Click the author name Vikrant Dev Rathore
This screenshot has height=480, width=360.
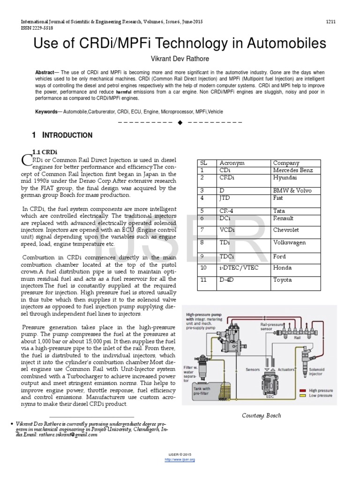coord(180,60)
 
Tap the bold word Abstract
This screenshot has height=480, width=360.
coord(45,73)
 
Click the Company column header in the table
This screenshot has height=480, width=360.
coord(286,163)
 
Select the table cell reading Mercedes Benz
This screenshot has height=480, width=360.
coord(292,170)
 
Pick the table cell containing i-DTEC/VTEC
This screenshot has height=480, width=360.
coord(239,268)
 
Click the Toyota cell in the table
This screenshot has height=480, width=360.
coord(282,280)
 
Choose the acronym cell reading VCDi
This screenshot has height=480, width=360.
coord(229,230)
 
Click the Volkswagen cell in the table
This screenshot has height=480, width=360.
coord(289,242)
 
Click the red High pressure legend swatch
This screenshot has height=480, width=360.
coord(304,390)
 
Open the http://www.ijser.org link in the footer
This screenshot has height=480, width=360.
coord(180,460)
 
